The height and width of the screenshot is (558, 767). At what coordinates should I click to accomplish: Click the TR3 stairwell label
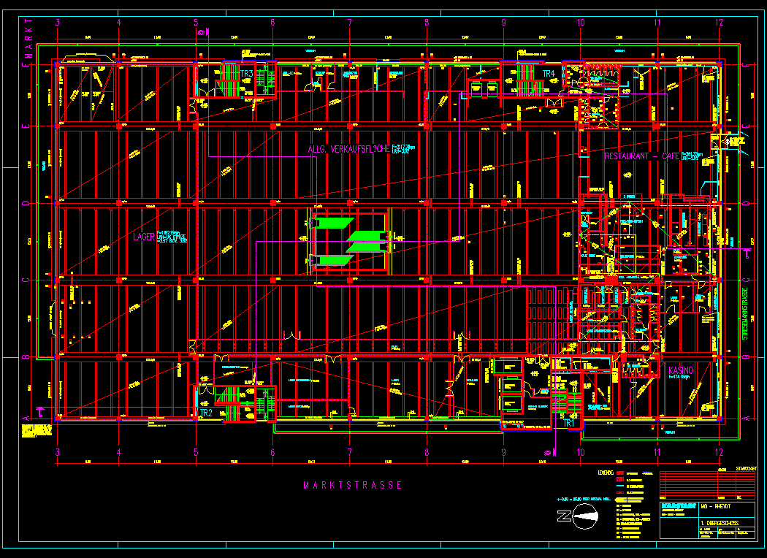click(246, 74)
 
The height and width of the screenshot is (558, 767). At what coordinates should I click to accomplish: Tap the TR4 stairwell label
click(549, 74)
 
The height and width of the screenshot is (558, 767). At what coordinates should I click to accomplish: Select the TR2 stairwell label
click(206, 413)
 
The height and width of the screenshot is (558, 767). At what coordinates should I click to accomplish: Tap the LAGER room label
click(144, 237)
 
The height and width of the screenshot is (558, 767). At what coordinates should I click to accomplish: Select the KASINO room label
click(679, 371)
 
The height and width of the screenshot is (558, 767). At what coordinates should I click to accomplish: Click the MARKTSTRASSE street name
click(353, 485)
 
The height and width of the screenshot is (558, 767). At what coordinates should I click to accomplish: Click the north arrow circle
click(585, 519)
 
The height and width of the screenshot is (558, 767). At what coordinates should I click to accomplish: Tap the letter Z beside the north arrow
click(564, 518)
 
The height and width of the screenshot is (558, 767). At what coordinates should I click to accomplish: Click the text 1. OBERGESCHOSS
click(720, 524)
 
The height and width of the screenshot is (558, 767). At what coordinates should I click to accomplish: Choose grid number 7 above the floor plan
click(350, 22)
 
